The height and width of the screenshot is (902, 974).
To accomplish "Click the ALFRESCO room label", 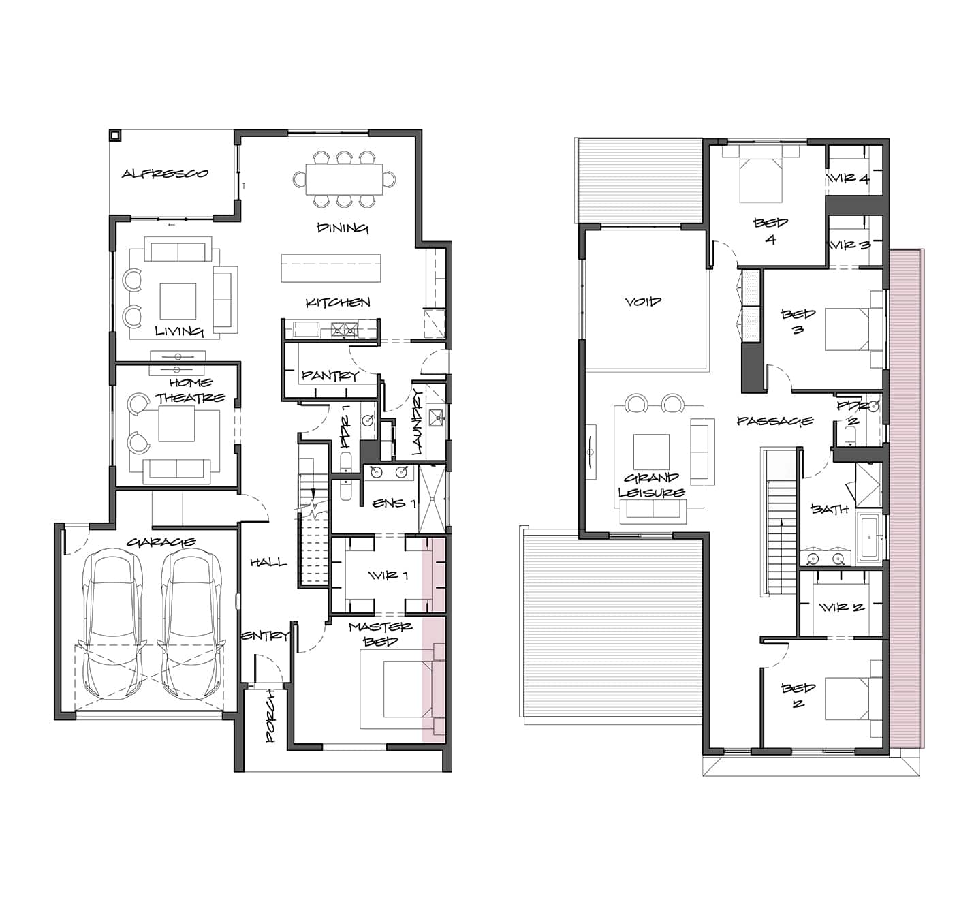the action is click(166, 173).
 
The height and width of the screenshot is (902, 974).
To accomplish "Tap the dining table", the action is click(344, 179).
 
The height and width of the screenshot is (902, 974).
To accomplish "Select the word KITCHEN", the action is click(338, 302).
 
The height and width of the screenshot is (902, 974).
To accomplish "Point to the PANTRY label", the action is click(330, 375).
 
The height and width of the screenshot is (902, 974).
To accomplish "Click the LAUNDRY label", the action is click(418, 422).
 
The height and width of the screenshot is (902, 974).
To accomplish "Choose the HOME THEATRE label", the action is click(190, 390).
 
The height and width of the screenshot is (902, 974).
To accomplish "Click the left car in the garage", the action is click(113, 624).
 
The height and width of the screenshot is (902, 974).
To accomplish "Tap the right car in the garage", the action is click(191, 624).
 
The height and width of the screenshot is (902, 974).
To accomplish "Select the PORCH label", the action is click(270, 716).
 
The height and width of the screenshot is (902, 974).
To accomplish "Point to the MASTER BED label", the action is click(380, 634).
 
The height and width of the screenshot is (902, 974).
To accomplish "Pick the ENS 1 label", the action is click(394, 503).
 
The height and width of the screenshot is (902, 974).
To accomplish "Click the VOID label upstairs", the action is click(643, 301).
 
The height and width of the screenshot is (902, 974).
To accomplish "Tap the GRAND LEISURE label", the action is click(652, 485).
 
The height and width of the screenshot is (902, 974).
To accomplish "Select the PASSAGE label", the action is click(775, 420).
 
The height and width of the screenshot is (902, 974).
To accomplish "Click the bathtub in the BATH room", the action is click(870, 538).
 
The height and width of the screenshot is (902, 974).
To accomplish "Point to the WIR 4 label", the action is click(849, 178).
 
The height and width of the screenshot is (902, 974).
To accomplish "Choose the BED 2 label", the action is click(798, 696).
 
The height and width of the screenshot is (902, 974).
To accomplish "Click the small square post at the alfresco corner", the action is click(114, 135).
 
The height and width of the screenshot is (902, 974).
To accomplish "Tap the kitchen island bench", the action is click(330, 268).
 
